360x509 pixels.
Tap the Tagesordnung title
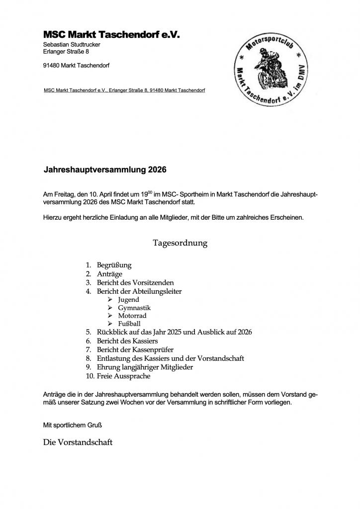(x=180, y=243)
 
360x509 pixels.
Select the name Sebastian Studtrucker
(x=72, y=45)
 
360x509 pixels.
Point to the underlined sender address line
(x=124, y=90)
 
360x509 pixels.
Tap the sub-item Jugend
(x=128, y=300)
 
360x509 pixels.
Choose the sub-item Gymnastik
(x=134, y=308)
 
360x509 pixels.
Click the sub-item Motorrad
(x=132, y=316)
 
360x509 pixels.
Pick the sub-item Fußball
(x=129, y=324)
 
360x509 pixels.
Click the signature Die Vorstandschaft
(x=78, y=442)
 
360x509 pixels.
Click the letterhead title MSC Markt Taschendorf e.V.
(x=111, y=35)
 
